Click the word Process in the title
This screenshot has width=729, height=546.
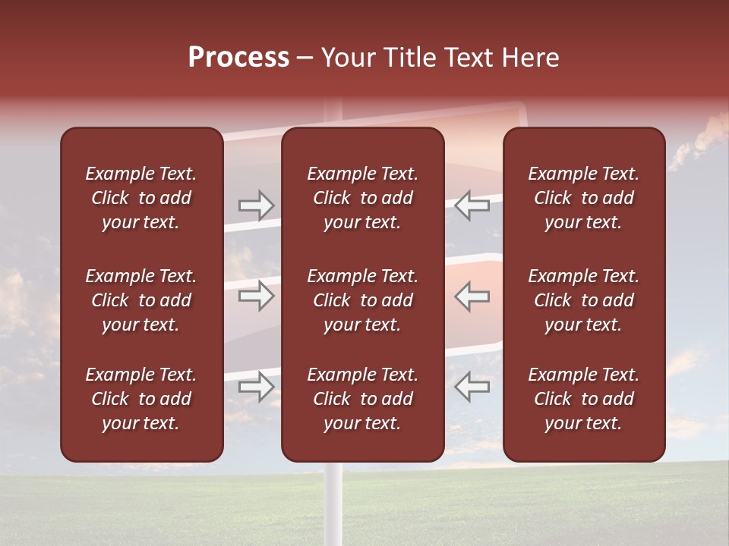click(x=238, y=58)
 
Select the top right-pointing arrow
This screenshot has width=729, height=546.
click(x=257, y=206)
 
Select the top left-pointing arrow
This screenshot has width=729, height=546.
click(x=472, y=206)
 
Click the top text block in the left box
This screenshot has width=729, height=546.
click(x=141, y=198)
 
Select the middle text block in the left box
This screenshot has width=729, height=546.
click(x=141, y=300)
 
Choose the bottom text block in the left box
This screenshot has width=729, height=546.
click(x=141, y=399)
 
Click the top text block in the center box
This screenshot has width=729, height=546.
click(x=363, y=198)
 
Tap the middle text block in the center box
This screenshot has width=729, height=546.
click(x=363, y=300)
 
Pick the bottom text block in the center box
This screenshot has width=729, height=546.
click(x=363, y=399)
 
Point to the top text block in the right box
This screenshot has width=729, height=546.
click(x=584, y=198)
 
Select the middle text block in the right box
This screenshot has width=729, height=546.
click(x=584, y=300)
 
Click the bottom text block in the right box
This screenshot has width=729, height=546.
click(x=584, y=399)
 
